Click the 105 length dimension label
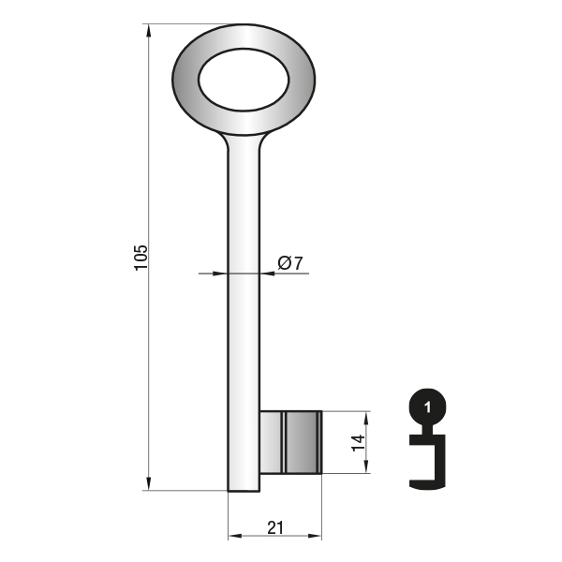click(x=140, y=258)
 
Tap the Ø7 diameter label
click(x=290, y=263)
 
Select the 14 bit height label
click(x=359, y=443)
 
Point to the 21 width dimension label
click(x=275, y=527)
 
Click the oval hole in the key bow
click(x=244, y=80)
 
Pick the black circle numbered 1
click(x=428, y=407)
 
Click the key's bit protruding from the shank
click(x=290, y=442)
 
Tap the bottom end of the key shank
click(x=244, y=491)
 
